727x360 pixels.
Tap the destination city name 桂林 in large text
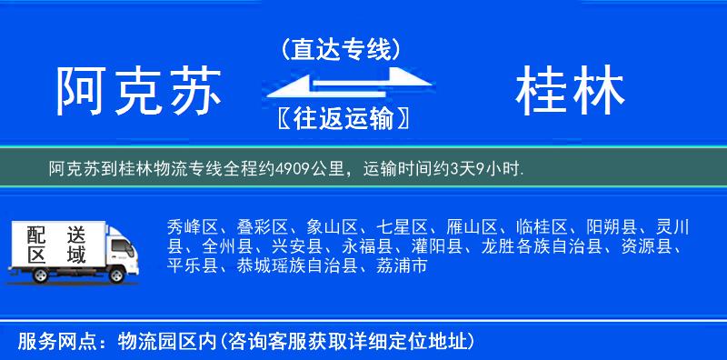point(570,93)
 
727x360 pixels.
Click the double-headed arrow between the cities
point(341,83)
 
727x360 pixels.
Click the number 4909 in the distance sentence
point(287,168)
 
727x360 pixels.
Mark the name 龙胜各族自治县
point(552,246)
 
